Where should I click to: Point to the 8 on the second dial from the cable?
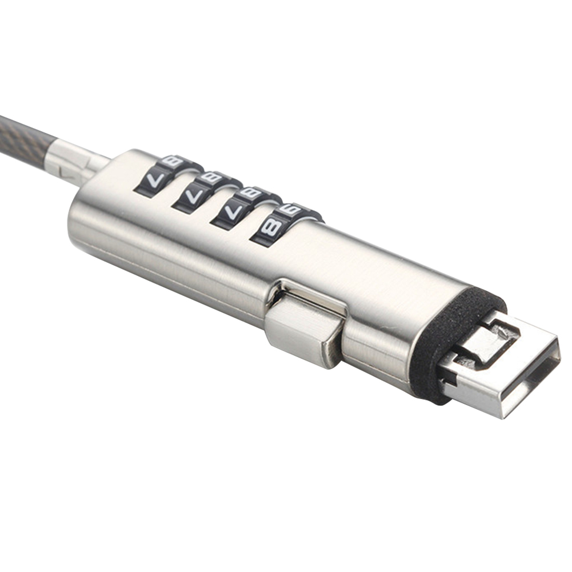tap(211, 178)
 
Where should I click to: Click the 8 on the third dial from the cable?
tap(250, 194)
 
